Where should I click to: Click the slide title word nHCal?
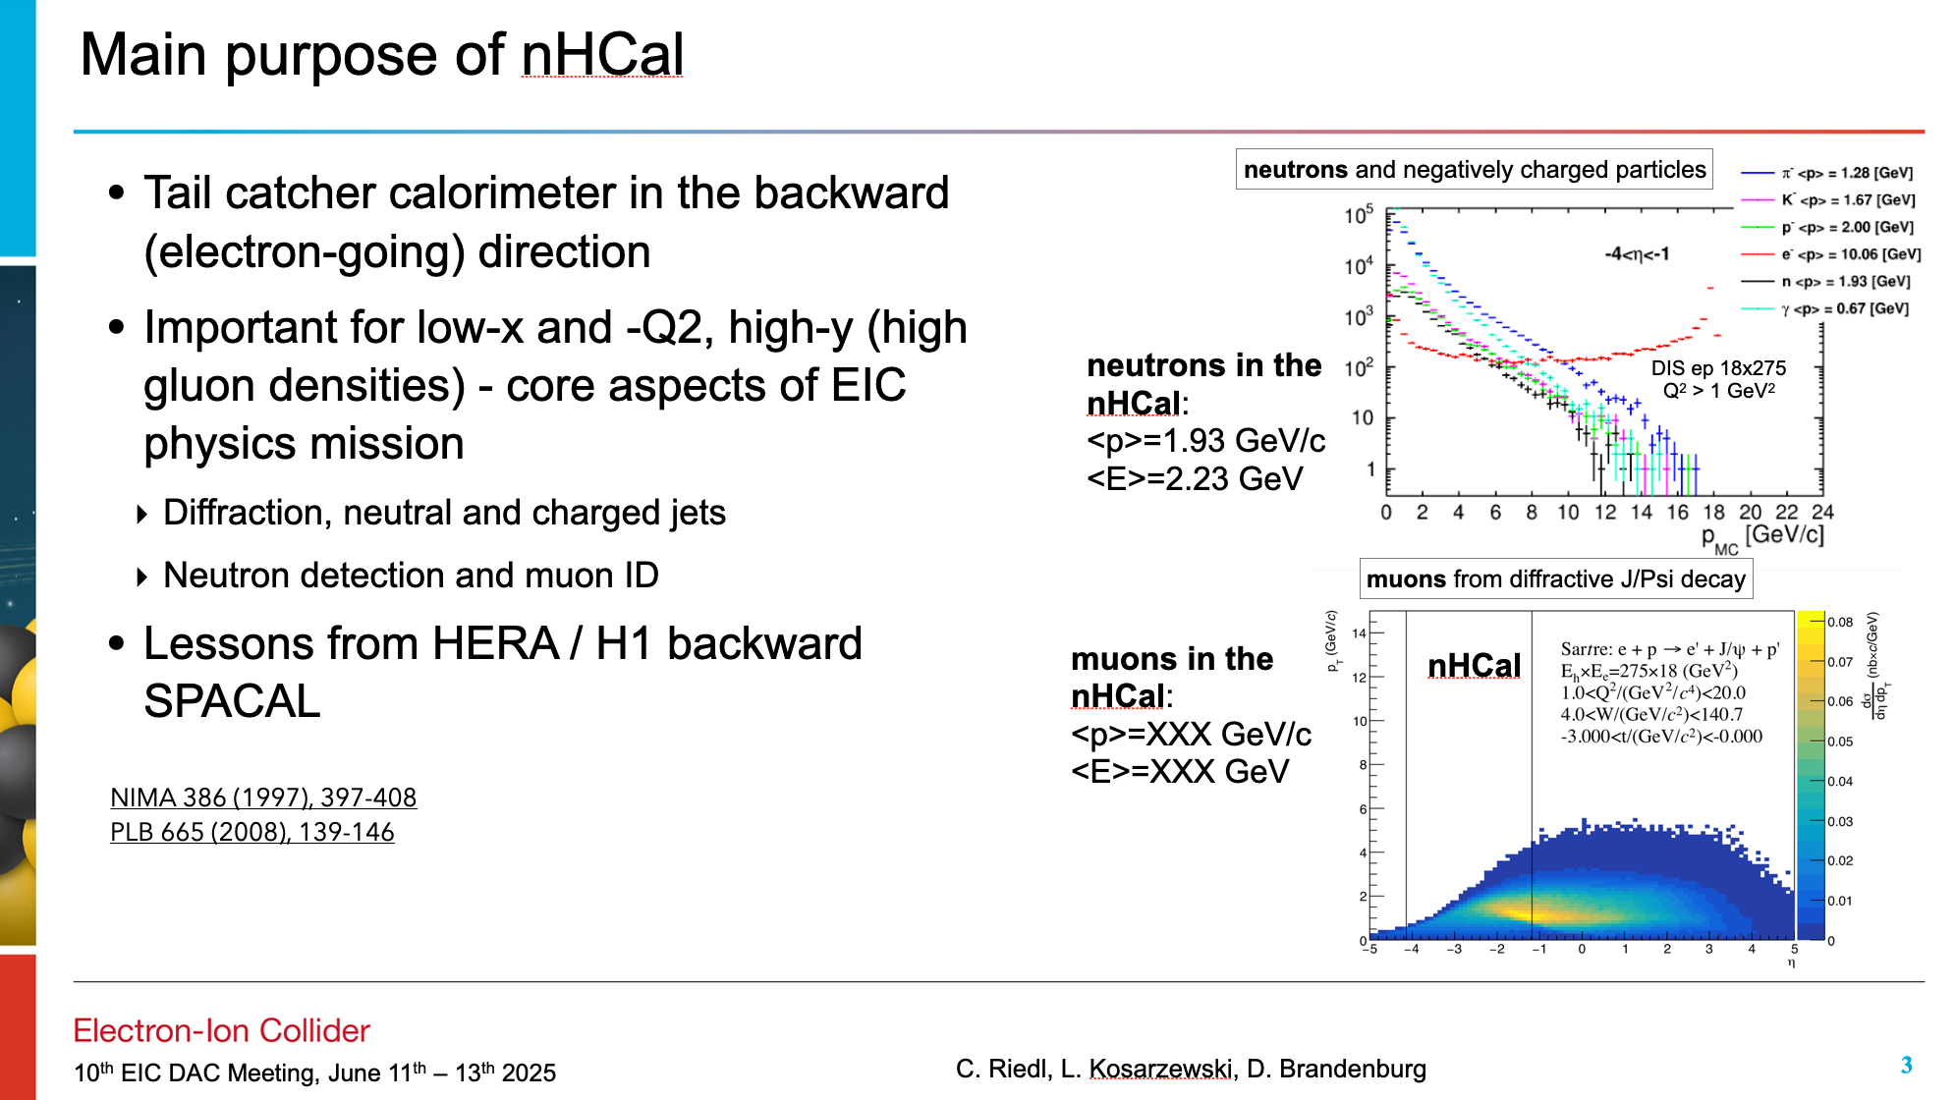pyautogui.click(x=602, y=54)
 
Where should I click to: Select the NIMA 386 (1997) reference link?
pyautogui.click(x=263, y=797)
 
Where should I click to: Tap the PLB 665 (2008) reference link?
pyautogui.click(x=252, y=832)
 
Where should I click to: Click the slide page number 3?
pyautogui.click(x=1906, y=1066)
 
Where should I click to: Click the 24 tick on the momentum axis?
pyautogui.click(x=1822, y=512)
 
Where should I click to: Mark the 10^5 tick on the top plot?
pyautogui.click(x=1359, y=215)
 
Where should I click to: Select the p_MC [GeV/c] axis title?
pyautogui.click(x=1762, y=538)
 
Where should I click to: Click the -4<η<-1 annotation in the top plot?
pyautogui.click(x=1637, y=254)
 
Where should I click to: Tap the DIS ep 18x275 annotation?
pyautogui.click(x=1718, y=368)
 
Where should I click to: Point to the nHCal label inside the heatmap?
pyautogui.click(x=1474, y=666)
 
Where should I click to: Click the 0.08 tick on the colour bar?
pyautogui.click(x=1840, y=622)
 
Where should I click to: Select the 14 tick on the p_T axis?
pyautogui.click(x=1359, y=633)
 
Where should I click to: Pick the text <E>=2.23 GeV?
pyautogui.click(x=1195, y=479)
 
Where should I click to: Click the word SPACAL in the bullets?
pyautogui.click(x=232, y=701)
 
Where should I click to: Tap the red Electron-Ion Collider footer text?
pyautogui.click(x=221, y=1030)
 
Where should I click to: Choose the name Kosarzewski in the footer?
pyautogui.click(x=1161, y=1069)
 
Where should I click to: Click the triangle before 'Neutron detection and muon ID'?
pyautogui.click(x=142, y=577)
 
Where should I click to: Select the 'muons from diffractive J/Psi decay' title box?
pyautogui.click(x=1556, y=578)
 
